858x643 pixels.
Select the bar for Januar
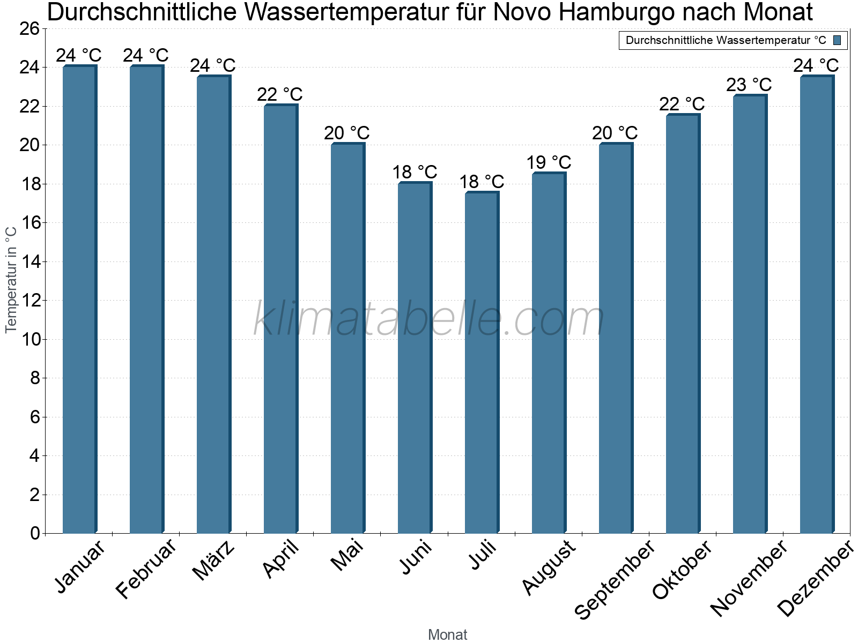(79, 300)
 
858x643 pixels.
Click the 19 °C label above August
(549, 162)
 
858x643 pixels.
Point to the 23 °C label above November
(749, 85)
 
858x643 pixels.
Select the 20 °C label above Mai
(347, 133)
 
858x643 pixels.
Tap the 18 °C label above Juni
(415, 173)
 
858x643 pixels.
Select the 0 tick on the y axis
(35, 533)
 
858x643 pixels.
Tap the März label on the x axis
(213, 560)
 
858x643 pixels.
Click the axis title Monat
(448, 635)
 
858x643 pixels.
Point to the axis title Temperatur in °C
(11, 279)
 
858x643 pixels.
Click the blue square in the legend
(837, 40)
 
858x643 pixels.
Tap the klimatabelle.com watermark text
(428, 319)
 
